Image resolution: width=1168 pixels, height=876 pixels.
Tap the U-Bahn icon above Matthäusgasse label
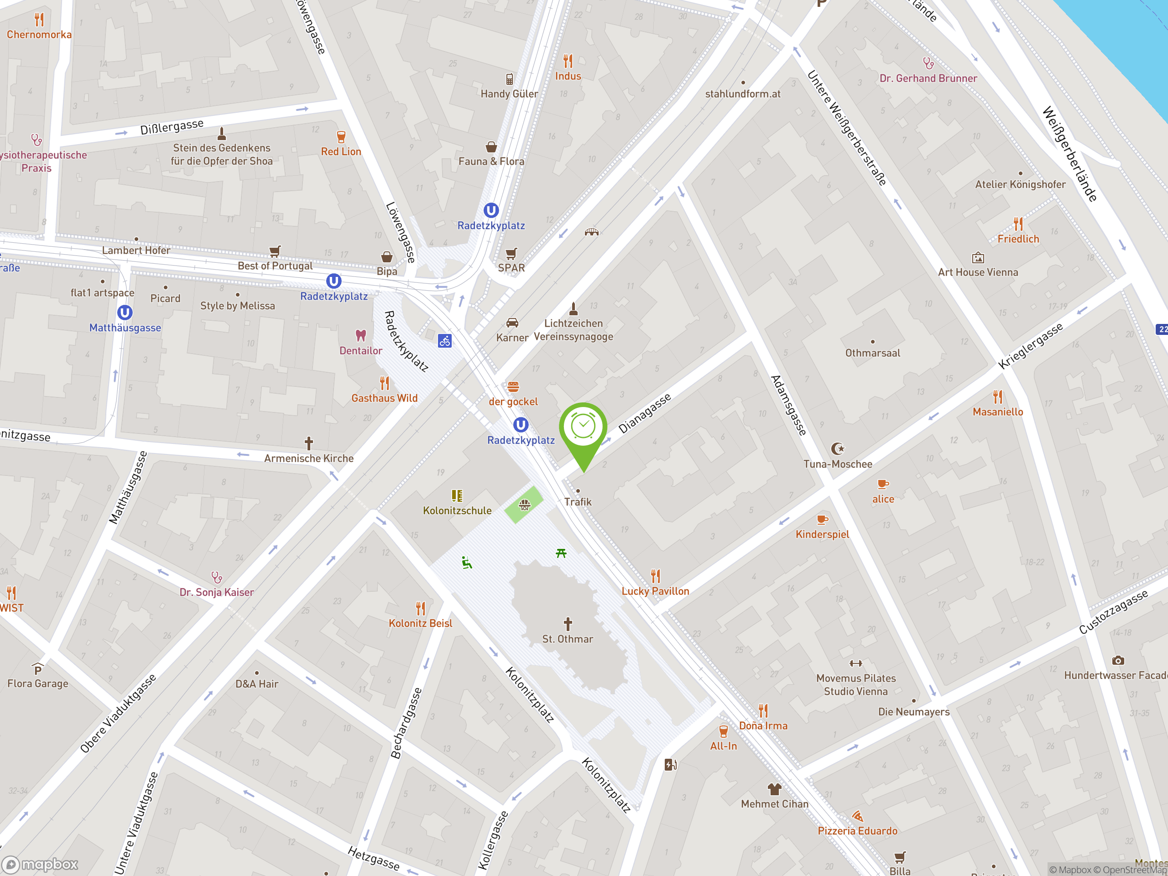click(x=125, y=313)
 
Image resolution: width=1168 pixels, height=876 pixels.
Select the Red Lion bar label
click(x=341, y=151)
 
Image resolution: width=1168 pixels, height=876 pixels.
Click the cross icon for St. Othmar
click(x=568, y=624)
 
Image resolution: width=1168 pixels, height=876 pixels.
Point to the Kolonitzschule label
click(x=457, y=511)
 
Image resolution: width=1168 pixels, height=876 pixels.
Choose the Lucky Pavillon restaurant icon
click(x=655, y=575)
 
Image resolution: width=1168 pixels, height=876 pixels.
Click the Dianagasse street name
click(x=645, y=413)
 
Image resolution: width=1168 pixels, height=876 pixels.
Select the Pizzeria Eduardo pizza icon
click(x=857, y=816)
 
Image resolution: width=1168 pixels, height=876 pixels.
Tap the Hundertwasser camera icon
click(x=1118, y=661)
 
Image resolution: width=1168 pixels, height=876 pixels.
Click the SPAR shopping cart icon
click(x=511, y=254)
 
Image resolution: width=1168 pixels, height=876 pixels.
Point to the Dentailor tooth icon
click(x=360, y=335)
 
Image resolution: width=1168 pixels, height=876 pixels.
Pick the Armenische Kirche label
click(x=309, y=459)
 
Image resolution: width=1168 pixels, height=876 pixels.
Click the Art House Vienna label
click(x=978, y=272)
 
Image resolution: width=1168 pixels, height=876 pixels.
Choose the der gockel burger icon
click(x=513, y=387)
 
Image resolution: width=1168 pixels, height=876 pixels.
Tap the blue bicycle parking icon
click(x=444, y=341)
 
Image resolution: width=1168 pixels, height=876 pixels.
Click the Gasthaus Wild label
click(x=385, y=398)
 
